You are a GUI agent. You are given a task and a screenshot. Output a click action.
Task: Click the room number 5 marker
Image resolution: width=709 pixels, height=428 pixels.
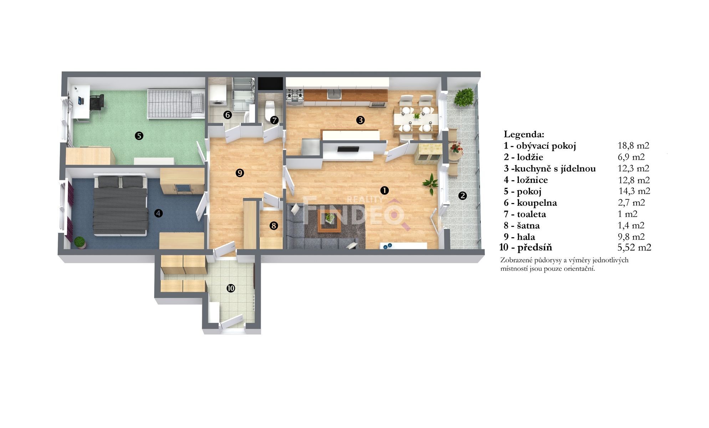tap(139, 136)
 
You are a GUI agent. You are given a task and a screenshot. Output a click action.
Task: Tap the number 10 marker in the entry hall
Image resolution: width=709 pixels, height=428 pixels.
tap(231, 288)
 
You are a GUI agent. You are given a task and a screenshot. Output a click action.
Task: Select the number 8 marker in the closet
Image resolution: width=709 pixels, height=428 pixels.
tap(274, 225)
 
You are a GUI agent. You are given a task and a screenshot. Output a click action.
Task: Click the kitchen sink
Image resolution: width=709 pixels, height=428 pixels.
tap(334, 94)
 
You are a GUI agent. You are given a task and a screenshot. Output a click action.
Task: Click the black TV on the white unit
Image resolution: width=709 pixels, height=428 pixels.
tap(348, 149)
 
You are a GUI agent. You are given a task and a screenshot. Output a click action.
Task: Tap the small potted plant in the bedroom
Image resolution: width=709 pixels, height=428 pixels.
tap(80, 242)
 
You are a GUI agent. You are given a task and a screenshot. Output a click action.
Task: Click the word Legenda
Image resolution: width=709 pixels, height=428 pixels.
tap(524, 134)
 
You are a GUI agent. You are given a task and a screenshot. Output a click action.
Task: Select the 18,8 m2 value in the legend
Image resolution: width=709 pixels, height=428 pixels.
tap(633, 146)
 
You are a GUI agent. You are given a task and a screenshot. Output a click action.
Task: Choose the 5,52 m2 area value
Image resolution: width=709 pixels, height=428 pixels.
tap(634, 248)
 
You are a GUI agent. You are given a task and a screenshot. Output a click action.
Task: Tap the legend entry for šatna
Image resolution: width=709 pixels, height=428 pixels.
tap(522, 226)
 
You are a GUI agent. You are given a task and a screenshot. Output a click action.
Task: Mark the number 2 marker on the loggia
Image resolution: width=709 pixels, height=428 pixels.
tap(463, 195)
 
